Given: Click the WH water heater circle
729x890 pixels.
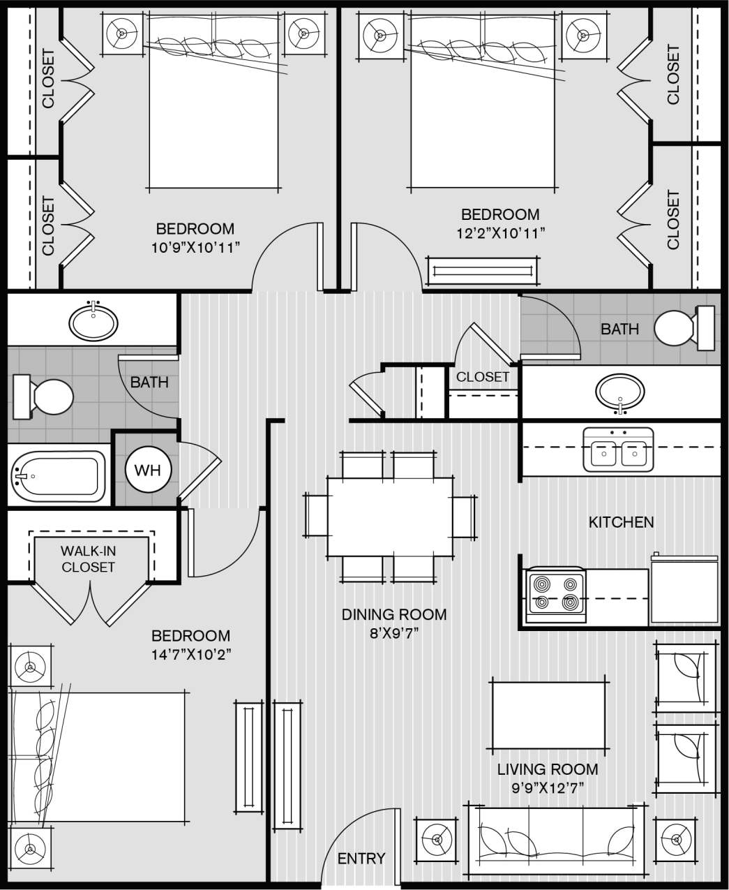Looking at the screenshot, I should click(147, 470).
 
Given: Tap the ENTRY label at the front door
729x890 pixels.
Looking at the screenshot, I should click(361, 858).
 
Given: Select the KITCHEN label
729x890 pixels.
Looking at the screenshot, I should click(621, 522).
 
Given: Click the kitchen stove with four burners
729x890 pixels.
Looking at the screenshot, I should click(555, 593).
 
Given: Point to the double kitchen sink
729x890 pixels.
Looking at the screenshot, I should click(618, 450).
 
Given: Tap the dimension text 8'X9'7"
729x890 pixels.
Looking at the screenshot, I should click(394, 633).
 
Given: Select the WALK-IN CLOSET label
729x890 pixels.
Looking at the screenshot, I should click(89, 559).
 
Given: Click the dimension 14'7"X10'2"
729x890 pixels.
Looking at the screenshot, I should click(191, 654).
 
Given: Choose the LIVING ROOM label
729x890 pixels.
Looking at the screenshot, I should click(547, 769).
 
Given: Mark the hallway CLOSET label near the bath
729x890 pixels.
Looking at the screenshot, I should click(483, 377).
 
